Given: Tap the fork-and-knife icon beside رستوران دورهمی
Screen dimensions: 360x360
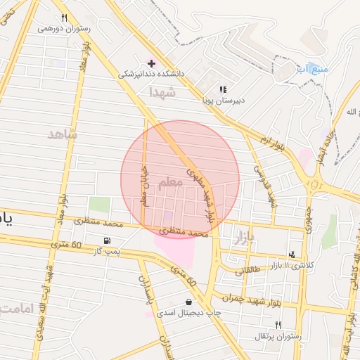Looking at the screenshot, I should [x=64, y=18].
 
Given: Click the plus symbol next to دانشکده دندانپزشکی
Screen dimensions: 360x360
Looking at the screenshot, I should [x=151, y=63].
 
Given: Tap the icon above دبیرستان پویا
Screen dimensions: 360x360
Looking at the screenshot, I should [x=223, y=89].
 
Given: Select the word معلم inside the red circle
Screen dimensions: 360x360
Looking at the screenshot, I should [x=170, y=182].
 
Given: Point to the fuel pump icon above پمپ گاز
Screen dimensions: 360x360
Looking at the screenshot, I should [x=107, y=240].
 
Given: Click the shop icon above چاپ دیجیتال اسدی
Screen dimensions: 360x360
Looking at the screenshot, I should [x=188, y=302].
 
